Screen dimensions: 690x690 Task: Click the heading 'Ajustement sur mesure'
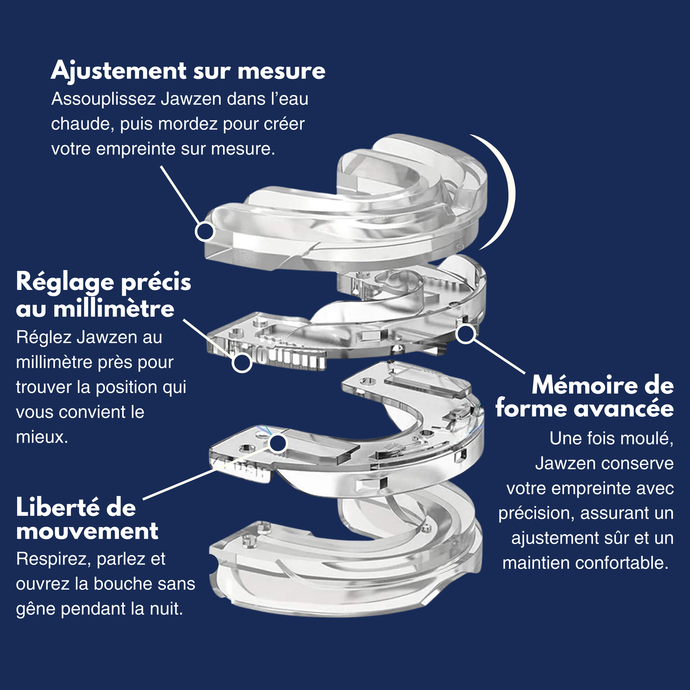tap(188, 71)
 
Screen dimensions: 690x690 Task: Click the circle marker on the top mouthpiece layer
tap(205, 232)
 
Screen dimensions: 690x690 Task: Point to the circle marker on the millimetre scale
tap(242, 362)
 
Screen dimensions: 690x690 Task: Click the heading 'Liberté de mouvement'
tap(87, 520)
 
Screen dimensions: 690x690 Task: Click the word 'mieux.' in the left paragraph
tap(42, 437)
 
